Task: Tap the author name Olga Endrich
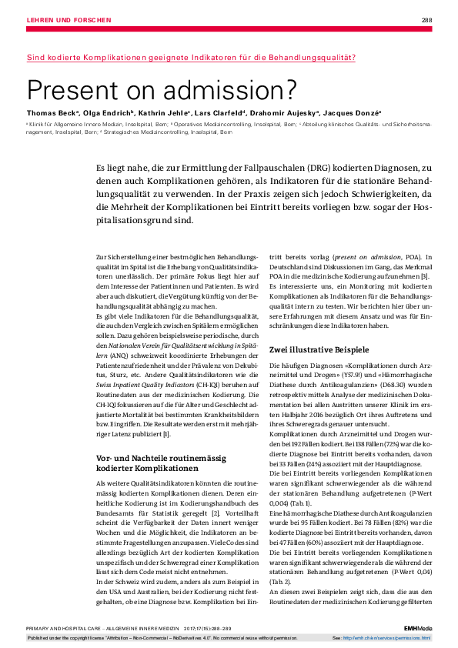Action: click(x=106, y=112)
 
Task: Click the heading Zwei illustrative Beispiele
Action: click(x=319, y=349)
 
